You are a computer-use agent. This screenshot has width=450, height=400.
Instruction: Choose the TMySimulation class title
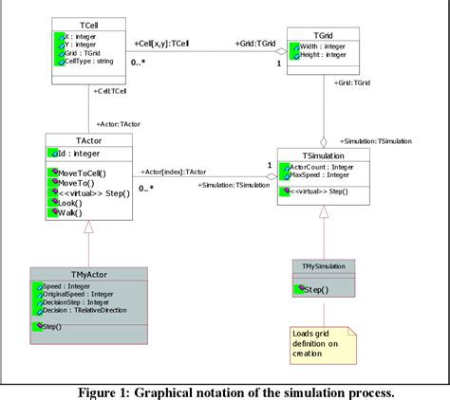(x=324, y=265)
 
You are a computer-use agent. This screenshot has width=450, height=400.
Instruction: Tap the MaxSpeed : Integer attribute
(x=323, y=176)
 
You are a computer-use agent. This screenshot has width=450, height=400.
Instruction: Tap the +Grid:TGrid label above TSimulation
(x=354, y=83)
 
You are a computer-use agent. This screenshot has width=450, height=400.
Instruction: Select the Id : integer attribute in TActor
(x=75, y=154)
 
